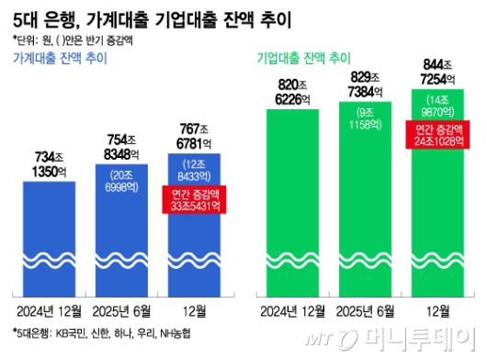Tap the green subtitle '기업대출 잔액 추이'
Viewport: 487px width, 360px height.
(x=304, y=59)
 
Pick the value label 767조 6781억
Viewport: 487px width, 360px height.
(x=194, y=131)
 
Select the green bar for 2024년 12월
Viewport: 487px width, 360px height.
(x=292, y=202)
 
